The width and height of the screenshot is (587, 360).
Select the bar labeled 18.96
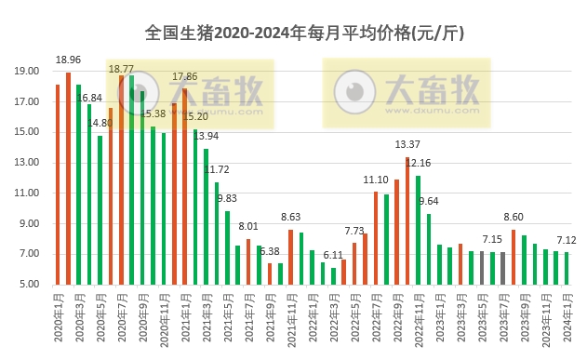coord(68,178)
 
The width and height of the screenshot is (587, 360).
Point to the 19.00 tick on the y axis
coord(27,71)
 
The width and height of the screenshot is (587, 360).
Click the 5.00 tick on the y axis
coord(27,285)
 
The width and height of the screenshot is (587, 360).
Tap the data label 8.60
coord(514,216)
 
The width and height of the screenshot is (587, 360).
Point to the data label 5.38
coord(270,251)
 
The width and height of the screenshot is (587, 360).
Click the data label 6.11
coord(333,255)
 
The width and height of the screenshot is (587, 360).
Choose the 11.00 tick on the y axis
coord(27,193)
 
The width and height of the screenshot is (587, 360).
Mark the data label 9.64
coord(429,201)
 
